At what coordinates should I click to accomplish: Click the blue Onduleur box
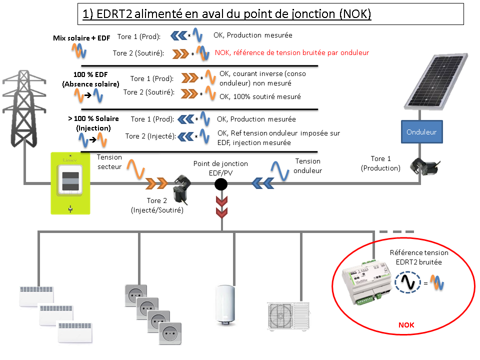pos(421,132)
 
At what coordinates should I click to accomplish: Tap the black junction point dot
pos(221,184)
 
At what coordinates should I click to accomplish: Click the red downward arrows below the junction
pos(221,207)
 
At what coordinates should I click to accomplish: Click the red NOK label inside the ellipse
pos(406,325)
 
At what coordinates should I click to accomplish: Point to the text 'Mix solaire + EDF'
pos(81,38)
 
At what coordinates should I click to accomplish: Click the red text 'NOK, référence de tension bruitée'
pos(292,52)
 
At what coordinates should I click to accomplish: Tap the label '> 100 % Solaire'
pos(93,118)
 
